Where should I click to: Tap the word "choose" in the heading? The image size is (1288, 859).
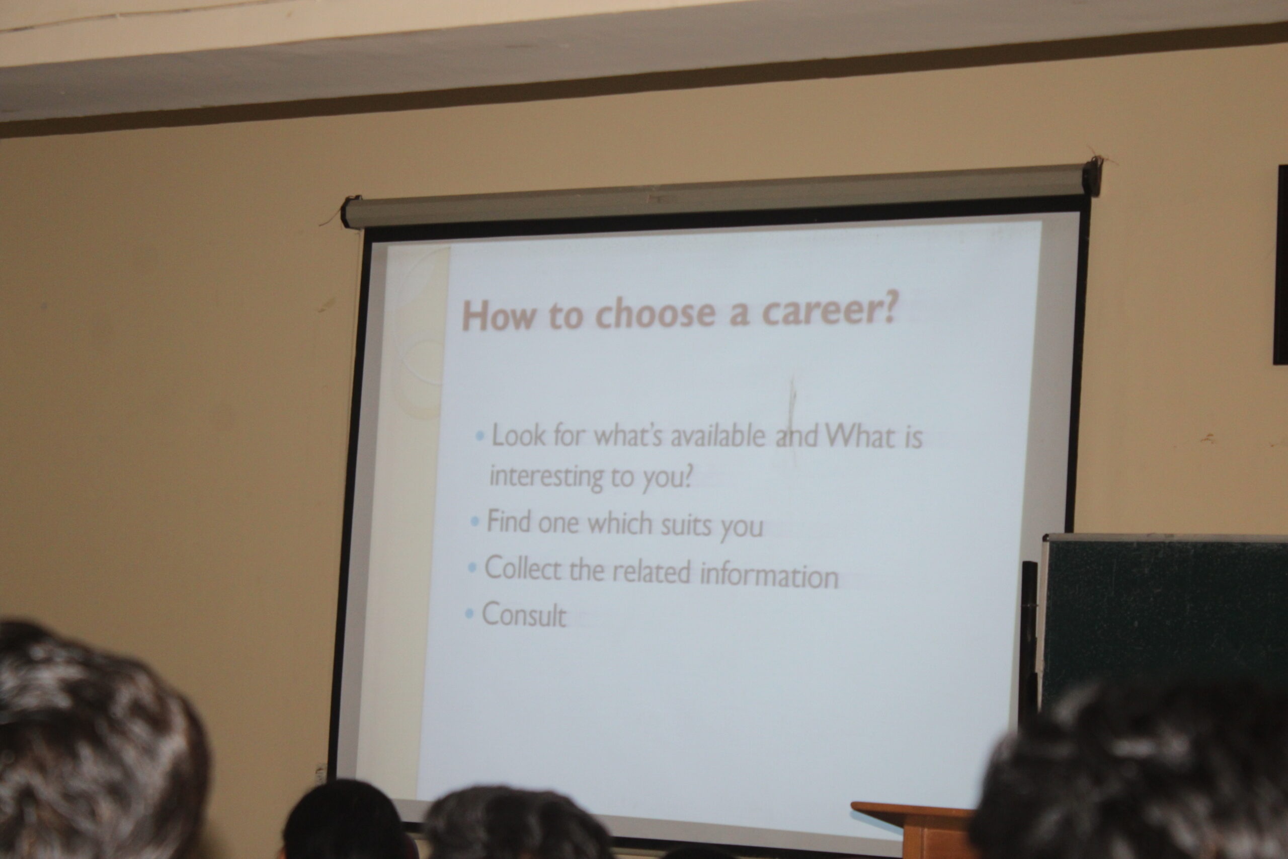[x=655, y=314]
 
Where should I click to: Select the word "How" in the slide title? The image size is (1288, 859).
[x=498, y=316]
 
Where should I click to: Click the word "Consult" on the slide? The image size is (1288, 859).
[x=524, y=614]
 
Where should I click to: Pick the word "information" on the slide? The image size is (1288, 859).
[x=769, y=575]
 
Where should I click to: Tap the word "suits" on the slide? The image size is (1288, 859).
[x=686, y=525]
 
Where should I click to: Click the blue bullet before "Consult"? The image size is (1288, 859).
[x=469, y=613]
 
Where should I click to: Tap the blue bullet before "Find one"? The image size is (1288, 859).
[x=475, y=520]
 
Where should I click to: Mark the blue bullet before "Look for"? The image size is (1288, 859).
[x=480, y=437]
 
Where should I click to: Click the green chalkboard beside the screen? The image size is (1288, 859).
[x=1164, y=619]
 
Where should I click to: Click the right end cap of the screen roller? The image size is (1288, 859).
[x=1091, y=175]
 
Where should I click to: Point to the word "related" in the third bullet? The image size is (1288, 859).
[x=652, y=571]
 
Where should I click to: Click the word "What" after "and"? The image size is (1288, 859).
[x=863, y=437]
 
